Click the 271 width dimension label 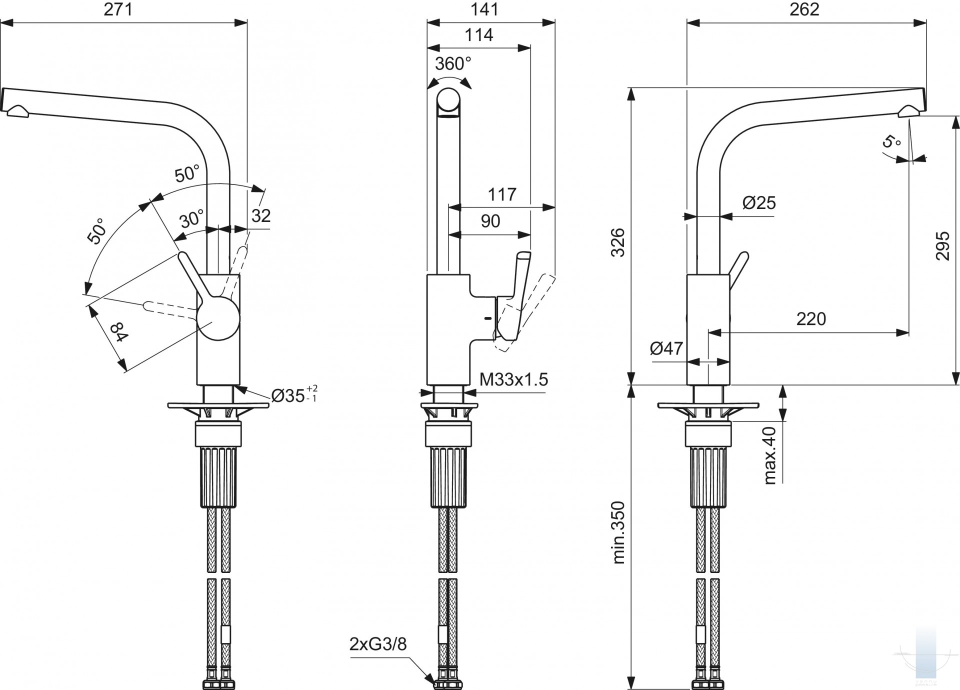pyautogui.click(x=118, y=9)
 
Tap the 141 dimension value pyautogui.click(x=484, y=9)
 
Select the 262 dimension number pyautogui.click(x=804, y=9)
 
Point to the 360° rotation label pyautogui.click(x=452, y=64)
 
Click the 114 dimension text pyautogui.click(x=478, y=35)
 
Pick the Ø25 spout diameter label pyautogui.click(x=759, y=202)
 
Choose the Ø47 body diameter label pyautogui.click(x=666, y=348)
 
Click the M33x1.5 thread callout pyautogui.click(x=513, y=379)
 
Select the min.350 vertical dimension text pyautogui.click(x=618, y=533)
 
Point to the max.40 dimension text pyautogui.click(x=770, y=455)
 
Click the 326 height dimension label pyautogui.click(x=618, y=242)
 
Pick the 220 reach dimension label pyautogui.click(x=811, y=319)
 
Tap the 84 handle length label pyautogui.click(x=119, y=332)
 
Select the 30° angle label pyautogui.click(x=192, y=219)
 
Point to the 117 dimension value pyautogui.click(x=501, y=194)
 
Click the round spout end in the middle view pyautogui.click(x=449, y=101)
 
